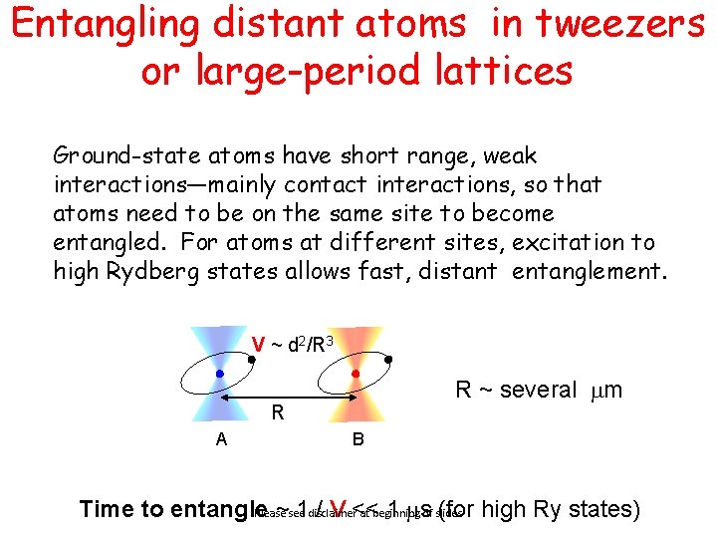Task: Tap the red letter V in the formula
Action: (x=257, y=345)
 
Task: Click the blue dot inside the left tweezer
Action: (x=219, y=374)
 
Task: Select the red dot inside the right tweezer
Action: (x=356, y=374)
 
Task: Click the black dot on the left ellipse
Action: (x=252, y=360)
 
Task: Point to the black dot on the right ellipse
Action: (x=387, y=360)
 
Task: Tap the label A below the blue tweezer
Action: (x=222, y=439)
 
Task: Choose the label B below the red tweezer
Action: (x=357, y=440)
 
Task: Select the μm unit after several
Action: (x=605, y=390)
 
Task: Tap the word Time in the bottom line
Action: (x=106, y=509)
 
